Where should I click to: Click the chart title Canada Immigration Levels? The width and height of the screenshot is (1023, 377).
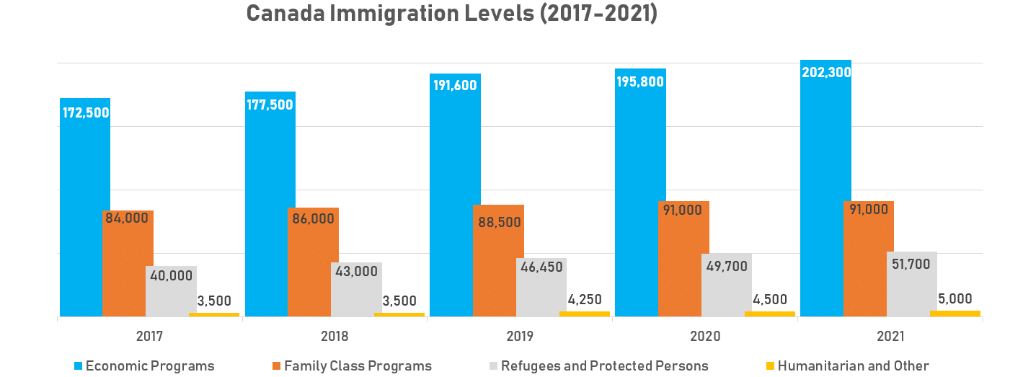[451, 14]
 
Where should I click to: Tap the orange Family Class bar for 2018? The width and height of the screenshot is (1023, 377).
[313, 267]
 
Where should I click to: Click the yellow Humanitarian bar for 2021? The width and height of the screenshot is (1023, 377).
[955, 314]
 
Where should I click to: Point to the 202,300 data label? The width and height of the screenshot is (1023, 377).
[826, 72]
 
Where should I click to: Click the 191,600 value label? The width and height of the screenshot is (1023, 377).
[456, 85]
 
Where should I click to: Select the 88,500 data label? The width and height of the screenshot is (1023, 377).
[499, 222]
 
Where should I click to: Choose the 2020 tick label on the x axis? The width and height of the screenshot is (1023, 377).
[705, 336]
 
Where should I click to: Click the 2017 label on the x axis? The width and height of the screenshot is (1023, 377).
[149, 336]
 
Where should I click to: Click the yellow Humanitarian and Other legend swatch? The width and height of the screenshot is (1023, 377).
[770, 366]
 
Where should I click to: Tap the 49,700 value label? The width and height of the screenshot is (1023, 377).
[726, 267]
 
